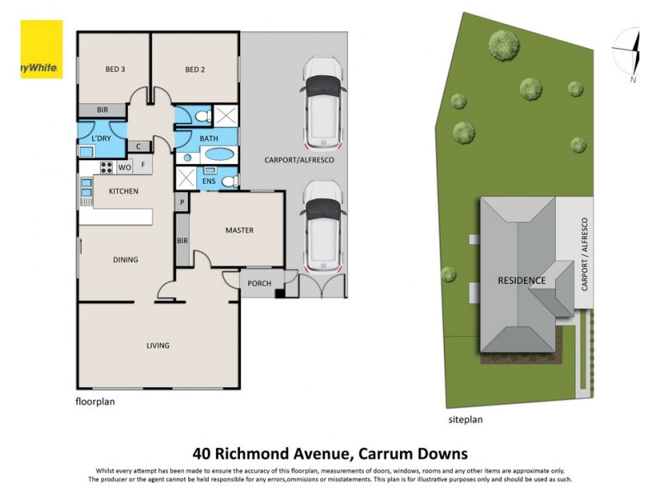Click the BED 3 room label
click(x=115, y=69)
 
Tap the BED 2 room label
click(x=194, y=69)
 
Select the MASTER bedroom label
click(x=239, y=230)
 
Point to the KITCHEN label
click(x=123, y=191)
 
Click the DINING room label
click(x=125, y=260)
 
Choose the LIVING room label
click(x=158, y=346)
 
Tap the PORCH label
click(x=259, y=284)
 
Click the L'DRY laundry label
click(x=101, y=139)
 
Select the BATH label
click(x=209, y=139)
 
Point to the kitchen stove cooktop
click(x=106, y=167)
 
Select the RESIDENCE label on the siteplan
click(x=521, y=280)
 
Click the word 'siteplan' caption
click(x=465, y=419)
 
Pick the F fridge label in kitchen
click(x=144, y=164)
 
